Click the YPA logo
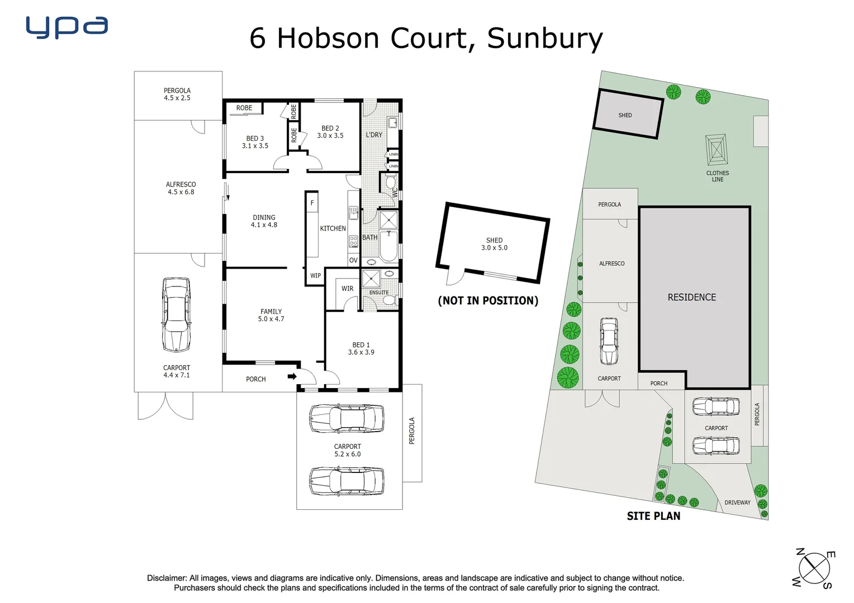[x=67, y=27]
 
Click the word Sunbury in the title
[x=544, y=39]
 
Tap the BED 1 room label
[x=361, y=348]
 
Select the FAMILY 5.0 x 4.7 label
[x=271, y=315]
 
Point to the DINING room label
[x=264, y=221]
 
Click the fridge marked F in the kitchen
[x=312, y=203]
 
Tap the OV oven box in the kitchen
[x=353, y=260]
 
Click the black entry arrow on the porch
[x=292, y=376]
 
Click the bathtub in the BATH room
[x=388, y=246]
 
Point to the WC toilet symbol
[x=391, y=183]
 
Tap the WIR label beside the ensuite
[x=347, y=289]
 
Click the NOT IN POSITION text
[x=488, y=301]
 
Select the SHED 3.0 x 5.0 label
[x=494, y=244]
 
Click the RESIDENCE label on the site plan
[x=691, y=298]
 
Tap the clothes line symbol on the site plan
[x=717, y=150]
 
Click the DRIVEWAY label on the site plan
[x=737, y=502]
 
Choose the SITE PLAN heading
[x=653, y=516]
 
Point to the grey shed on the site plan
[x=627, y=114]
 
